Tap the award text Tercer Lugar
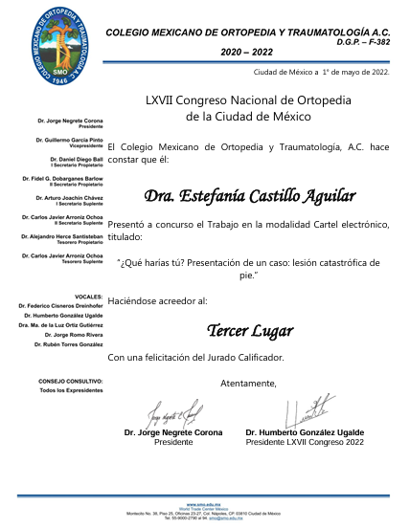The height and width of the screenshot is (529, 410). pos(248,331)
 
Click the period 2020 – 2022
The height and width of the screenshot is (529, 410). pos(247,52)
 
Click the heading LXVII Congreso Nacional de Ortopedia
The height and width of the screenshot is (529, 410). pos(248,99)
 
